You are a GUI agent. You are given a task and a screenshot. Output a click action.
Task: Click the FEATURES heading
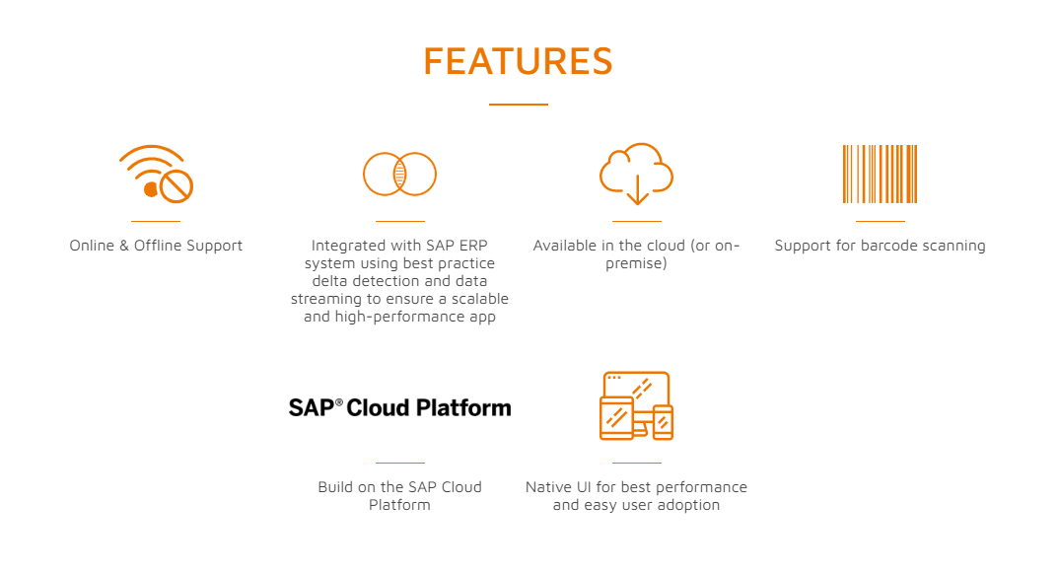pos(518,61)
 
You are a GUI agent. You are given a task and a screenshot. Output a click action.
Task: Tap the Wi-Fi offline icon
pos(156,174)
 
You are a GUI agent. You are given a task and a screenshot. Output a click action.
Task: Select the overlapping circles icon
pos(399,175)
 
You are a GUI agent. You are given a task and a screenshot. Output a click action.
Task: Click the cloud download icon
pos(636,174)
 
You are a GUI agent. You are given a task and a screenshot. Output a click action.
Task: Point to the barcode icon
pos(880,174)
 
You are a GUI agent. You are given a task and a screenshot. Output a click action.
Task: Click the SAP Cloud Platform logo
pos(399,407)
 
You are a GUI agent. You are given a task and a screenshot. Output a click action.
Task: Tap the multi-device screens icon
pos(636,405)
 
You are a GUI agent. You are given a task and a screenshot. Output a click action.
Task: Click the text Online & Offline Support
pos(156,246)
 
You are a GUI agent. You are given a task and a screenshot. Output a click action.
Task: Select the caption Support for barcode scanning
pos(880,246)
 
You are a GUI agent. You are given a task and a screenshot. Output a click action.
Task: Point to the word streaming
pos(326,299)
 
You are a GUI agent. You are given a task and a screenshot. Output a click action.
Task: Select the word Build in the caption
pos(336,487)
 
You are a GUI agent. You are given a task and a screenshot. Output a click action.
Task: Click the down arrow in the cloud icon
pos(636,188)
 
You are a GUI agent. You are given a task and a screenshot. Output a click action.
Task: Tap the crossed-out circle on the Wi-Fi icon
pos(176,185)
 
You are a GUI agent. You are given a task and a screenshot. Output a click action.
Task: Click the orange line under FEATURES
pos(518,104)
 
